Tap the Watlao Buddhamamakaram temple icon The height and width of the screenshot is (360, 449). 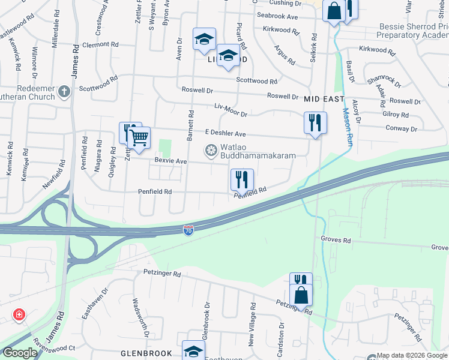tap(211, 150)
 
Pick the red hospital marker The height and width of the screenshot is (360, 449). tap(19, 314)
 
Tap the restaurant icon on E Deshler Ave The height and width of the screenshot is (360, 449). tap(315, 123)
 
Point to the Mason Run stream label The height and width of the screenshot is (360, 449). tap(347, 127)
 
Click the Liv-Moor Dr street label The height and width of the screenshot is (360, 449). tap(231, 110)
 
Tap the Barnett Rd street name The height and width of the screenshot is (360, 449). tap(190, 125)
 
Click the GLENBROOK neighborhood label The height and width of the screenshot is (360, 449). tap(147, 353)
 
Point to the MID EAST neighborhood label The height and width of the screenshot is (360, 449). tap(324, 99)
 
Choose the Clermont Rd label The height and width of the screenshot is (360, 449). tap(101, 44)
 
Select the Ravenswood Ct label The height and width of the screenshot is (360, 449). tap(54, 347)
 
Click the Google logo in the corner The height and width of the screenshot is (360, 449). tap(20, 353)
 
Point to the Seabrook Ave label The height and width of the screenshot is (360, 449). tap(277, 16)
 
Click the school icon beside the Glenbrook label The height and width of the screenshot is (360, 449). tap(193, 352)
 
